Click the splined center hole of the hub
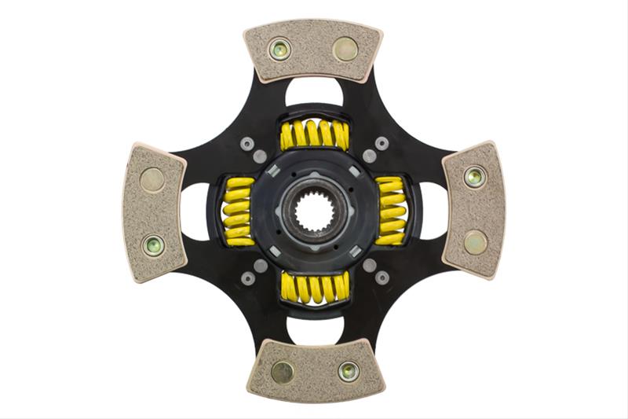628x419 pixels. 313,210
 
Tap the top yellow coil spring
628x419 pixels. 314,134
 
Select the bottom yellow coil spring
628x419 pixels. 314,288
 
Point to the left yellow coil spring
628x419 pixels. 239,211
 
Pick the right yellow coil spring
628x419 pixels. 390,211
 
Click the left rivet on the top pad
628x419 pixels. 279,50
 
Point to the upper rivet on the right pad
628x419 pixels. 474,176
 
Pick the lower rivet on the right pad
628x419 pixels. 474,242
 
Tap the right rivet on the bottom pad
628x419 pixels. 348,370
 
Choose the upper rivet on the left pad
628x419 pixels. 152,180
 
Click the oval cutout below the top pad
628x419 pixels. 314,93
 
